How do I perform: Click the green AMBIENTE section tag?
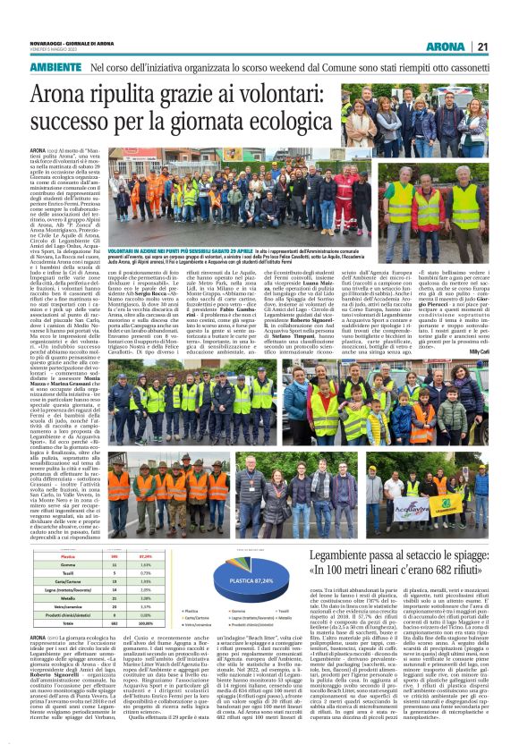[x=55, y=68]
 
